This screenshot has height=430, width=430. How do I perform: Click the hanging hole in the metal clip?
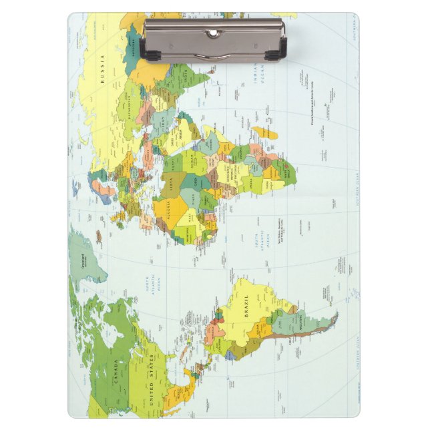[x=213, y=33]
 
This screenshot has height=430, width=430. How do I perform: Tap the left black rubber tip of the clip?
[x=143, y=50]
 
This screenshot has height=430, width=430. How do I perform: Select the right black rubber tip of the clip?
[x=283, y=49]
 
